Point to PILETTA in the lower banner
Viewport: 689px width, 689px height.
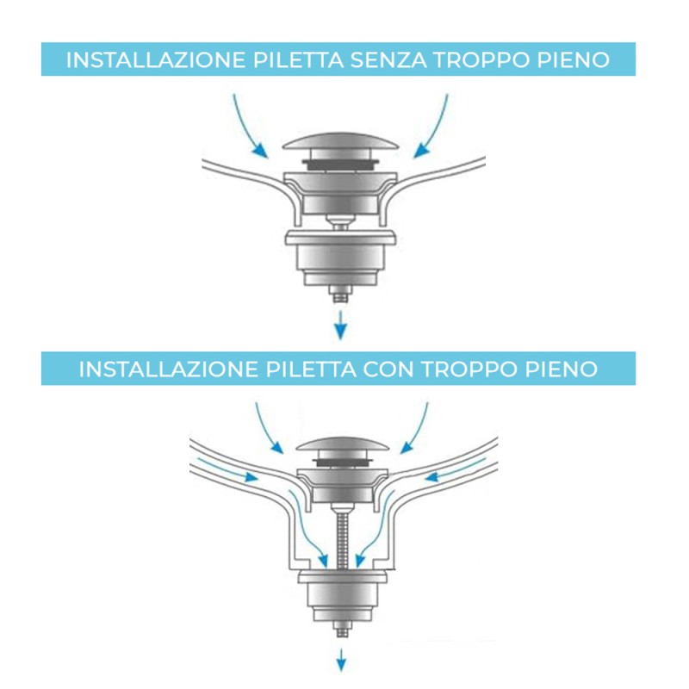pos(304,369)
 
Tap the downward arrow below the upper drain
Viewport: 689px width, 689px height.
pos(341,326)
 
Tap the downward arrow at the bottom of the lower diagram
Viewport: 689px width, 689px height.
pos(342,659)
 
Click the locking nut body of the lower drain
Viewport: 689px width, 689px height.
pos(342,593)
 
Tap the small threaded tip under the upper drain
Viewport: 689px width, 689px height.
pos(341,294)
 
